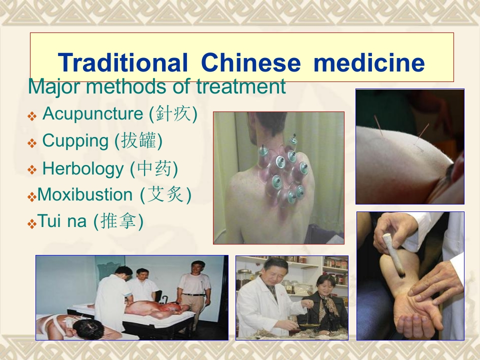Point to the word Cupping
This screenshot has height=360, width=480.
pos(75,141)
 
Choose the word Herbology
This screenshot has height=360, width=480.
pos(82,168)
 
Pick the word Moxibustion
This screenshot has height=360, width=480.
pos(85,194)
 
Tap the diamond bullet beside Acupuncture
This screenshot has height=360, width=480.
pos(32,116)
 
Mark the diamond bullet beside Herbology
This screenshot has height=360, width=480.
pos(32,169)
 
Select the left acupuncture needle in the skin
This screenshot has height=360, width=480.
pos(378,127)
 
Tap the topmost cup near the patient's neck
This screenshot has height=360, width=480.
pos(293,140)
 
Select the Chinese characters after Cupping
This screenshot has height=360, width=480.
pos(138,141)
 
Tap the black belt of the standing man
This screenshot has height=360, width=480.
pos(193,294)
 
